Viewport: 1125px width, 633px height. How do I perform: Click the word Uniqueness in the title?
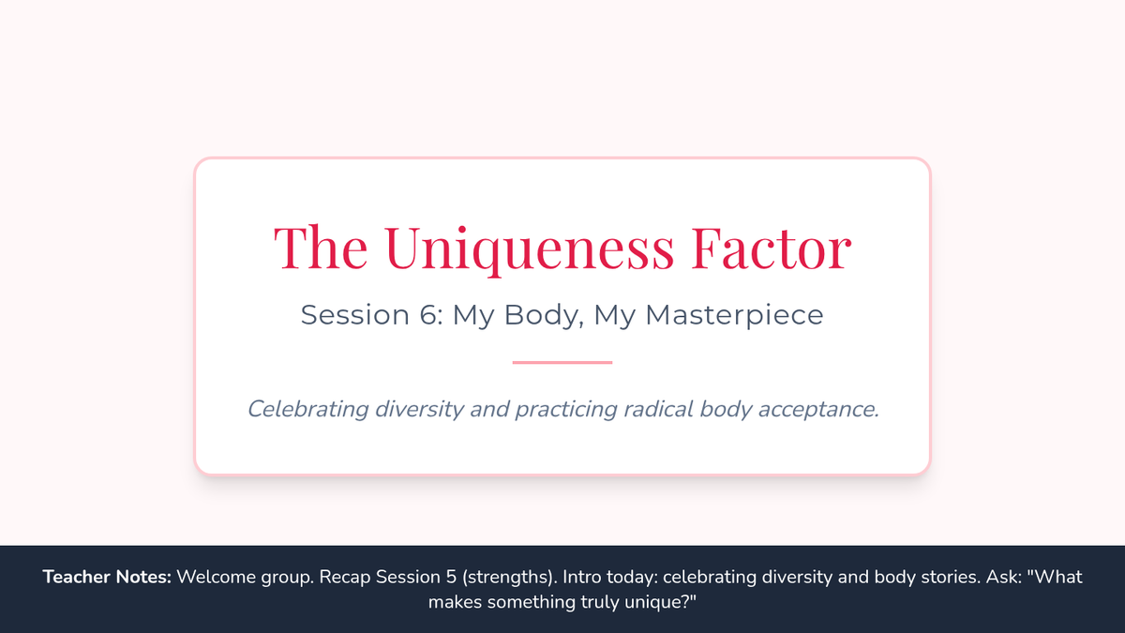point(530,249)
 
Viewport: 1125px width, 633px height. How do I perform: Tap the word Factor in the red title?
point(772,249)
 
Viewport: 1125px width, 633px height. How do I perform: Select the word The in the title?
point(321,248)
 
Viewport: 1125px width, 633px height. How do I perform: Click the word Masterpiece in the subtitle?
point(734,315)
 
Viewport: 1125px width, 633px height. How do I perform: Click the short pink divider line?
point(562,362)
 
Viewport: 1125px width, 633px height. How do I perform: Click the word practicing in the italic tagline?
point(566,410)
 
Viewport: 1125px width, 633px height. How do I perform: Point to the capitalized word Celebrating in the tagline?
point(307,410)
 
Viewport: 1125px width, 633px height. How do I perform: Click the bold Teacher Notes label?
point(107,577)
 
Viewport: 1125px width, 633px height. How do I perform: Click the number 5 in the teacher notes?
point(451,577)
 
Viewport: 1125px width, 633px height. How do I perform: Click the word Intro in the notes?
point(580,577)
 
